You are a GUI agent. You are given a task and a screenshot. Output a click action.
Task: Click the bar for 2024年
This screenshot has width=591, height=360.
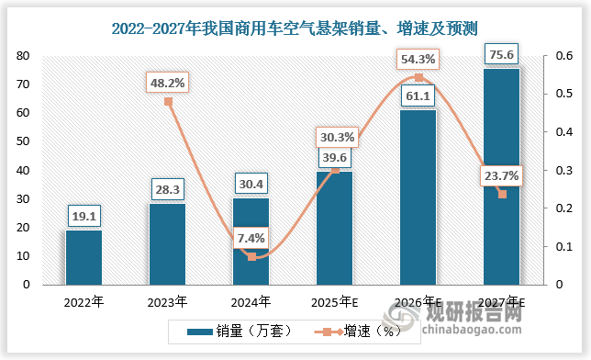click(251, 241)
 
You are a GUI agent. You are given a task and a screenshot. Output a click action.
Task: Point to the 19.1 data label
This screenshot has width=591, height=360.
click(84, 217)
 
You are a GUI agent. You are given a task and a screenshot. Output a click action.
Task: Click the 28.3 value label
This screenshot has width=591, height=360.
click(167, 190)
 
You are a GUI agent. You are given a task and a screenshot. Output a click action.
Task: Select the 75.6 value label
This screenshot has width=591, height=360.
click(501, 55)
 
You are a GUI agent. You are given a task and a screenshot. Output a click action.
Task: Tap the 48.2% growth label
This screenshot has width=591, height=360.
click(167, 83)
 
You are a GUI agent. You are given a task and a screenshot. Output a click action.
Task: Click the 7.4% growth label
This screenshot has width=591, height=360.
click(251, 238)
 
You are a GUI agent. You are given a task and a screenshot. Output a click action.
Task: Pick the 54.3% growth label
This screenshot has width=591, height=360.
click(418, 60)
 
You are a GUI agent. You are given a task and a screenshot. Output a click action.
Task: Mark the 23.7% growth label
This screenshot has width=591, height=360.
click(501, 176)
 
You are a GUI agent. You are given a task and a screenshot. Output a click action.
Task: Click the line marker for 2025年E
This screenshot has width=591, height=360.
click(335, 170)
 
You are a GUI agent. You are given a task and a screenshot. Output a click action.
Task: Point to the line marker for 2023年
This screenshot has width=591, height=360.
click(168, 101)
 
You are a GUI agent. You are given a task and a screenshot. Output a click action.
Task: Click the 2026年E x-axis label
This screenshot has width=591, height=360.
click(418, 301)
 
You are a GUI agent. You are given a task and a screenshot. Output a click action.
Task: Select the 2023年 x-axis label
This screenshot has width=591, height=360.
click(167, 301)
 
